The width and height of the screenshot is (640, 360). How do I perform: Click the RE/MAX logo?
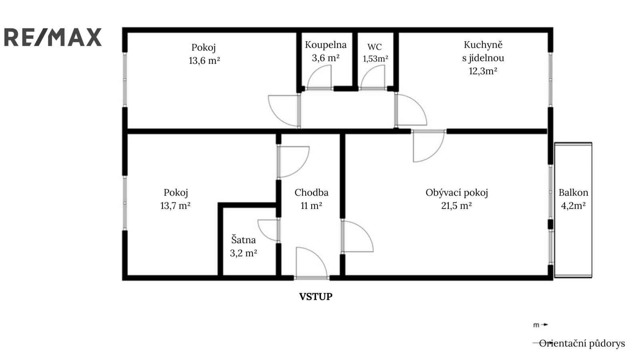click(53, 37)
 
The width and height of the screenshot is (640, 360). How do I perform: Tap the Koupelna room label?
click(326, 45)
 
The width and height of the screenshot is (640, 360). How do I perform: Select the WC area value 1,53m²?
click(376, 58)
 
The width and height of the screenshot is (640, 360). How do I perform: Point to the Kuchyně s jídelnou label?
click(483, 52)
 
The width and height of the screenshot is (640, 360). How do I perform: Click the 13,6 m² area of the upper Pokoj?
click(204, 60)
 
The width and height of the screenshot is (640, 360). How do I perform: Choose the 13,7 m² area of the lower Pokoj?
click(176, 206)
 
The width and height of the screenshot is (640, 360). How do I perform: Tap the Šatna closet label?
click(244, 240)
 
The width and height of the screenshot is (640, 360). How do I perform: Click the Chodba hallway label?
click(312, 192)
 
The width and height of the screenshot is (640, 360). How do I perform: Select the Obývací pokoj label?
click(456, 193)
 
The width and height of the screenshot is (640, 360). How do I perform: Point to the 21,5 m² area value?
click(456, 206)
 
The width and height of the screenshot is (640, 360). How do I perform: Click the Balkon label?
click(574, 192)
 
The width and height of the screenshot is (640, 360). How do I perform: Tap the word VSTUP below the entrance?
click(316, 296)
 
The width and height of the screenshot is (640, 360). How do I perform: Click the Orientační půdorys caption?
click(582, 344)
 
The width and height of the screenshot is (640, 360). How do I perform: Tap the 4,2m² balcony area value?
click(574, 206)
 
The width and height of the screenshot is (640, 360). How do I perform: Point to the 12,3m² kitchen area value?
click(483, 71)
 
